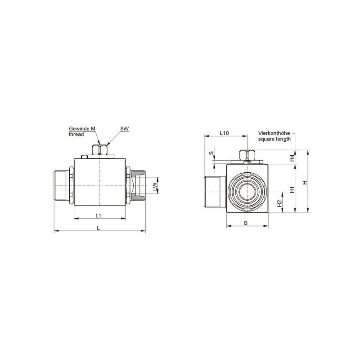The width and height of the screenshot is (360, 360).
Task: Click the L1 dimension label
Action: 98,216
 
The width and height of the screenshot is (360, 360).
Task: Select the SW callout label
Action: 125,129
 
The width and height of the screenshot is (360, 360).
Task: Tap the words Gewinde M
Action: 82,129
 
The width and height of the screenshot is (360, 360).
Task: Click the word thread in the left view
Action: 76,134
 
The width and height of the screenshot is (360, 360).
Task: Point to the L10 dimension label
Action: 224,133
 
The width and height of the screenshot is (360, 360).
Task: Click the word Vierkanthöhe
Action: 274,133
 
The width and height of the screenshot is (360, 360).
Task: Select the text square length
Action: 274,139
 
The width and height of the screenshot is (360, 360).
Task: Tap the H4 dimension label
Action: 292,158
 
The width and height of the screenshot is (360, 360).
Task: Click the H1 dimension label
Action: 292,189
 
